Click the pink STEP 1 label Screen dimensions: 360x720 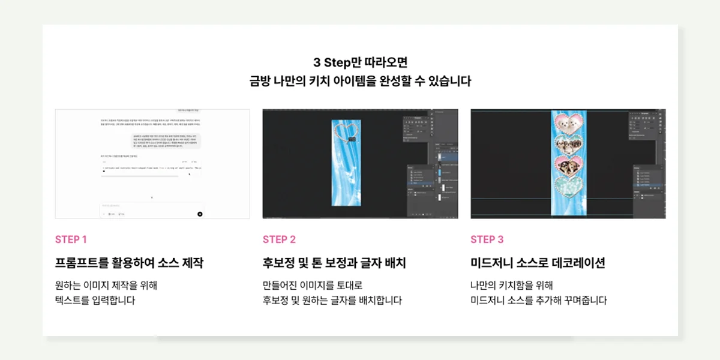[x=71, y=239]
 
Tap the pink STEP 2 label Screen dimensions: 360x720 [x=279, y=239]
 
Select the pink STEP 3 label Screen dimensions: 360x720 [x=487, y=239]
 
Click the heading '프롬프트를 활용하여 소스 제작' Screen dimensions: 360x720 [x=129, y=263]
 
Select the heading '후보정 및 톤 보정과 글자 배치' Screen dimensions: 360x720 [x=334, y=263]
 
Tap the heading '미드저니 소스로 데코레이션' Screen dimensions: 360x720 [x=538, y=263]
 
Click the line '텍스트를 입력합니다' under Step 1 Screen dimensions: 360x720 [x=95, y=300]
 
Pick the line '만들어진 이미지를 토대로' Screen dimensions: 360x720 [x=313, y=285]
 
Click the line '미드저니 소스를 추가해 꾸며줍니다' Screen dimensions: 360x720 [x=538, y=300]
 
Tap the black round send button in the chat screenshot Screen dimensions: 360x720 [x=200, y=214]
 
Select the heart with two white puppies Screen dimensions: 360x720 [x=567, y=124]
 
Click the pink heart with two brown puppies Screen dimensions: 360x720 [x=567, y=165]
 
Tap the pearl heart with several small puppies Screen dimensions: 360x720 [x=567, y=145]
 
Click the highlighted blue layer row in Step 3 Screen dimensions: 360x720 [x=649, y=185]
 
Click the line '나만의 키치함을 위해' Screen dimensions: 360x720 [x=511, y=285]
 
